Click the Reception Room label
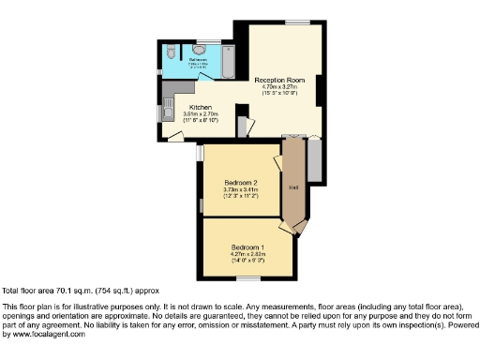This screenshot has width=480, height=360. [x=281, y=81]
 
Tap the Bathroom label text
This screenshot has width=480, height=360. [x=198, y=59]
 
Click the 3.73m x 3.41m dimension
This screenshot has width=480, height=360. [x=241, y=188]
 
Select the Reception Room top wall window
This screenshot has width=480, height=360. [x=298, y=21]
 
